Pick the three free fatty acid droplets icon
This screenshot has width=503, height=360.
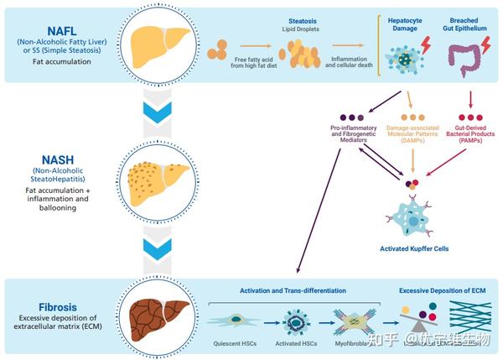pos(216,50)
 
